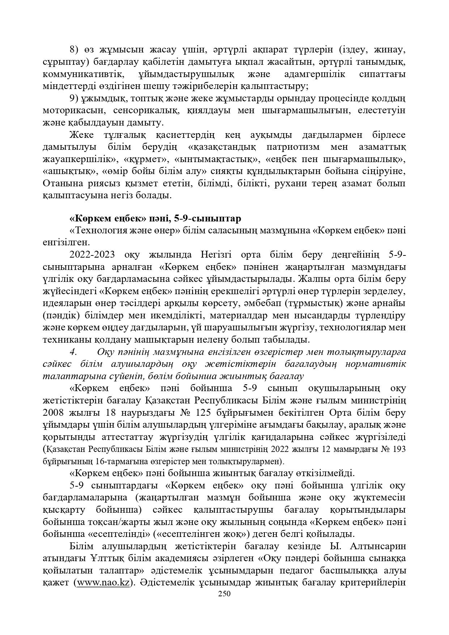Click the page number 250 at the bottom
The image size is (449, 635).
224,594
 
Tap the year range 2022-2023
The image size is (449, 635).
92,254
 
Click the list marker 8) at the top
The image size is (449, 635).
75,49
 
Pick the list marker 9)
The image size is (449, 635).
75,98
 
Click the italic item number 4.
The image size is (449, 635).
73,352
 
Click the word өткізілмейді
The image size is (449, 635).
325,473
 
